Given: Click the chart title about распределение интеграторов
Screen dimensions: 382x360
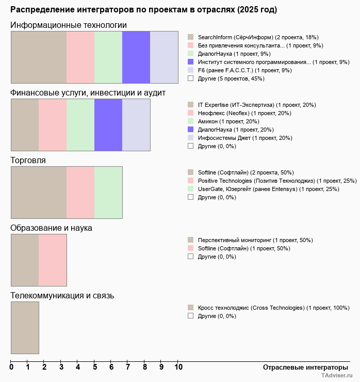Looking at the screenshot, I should point(143,10).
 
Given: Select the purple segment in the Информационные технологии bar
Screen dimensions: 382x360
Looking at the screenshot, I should point(136,57).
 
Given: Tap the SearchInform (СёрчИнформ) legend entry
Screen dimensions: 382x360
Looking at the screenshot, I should point(258,37).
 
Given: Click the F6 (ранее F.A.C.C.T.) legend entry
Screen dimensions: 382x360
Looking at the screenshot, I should point(244,70).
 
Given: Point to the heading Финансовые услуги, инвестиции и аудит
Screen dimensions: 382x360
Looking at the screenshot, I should point(88,92).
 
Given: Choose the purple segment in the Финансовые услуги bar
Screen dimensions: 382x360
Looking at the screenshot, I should point(108,125).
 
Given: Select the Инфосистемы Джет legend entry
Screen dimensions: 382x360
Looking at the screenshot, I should point(245,138).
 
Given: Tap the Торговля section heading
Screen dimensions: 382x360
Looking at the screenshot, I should point(28,160).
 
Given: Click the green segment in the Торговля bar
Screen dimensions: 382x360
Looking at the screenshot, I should point(108,193).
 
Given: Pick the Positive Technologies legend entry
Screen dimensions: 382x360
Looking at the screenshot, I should point(277,181).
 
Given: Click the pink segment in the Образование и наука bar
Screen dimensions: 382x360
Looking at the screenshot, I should point(53,260).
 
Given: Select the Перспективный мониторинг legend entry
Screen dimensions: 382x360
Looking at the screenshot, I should point(255,240).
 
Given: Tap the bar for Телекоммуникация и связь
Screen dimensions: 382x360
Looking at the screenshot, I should point(25,328).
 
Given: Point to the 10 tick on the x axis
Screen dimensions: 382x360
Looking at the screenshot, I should point(178,367).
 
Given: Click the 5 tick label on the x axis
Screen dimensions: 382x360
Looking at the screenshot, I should point(95,367).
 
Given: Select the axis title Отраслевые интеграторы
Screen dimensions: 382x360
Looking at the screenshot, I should point(302,367).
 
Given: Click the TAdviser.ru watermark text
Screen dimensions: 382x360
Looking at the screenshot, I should point(337,376).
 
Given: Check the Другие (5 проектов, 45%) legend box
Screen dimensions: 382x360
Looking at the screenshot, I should point(191,78).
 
